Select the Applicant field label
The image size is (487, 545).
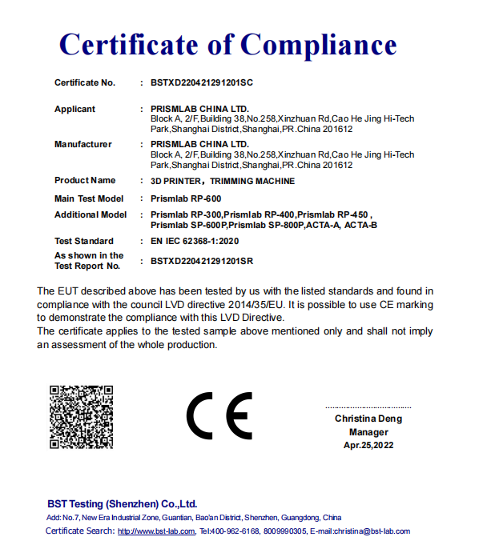(x=74, y=109)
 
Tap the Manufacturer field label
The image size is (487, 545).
(x=83, y=144)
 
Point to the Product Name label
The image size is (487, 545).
(x=85, y=180)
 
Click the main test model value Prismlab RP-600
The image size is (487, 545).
(x=186, y=198)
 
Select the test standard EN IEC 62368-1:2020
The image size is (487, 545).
(x=195, y=241)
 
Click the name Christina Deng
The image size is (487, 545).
(x=368, y=419)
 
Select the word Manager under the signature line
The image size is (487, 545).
(x=368, y=431)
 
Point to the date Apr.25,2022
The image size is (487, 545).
(x=368, y=444)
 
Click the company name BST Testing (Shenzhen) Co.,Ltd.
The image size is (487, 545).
(x=122, y=504)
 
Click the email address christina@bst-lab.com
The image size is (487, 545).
(x=372, y=531)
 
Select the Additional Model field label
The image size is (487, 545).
(x=91, y=214)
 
